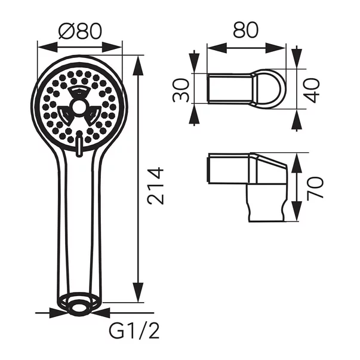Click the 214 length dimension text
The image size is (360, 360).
click(x=155, y=186)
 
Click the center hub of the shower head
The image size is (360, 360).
click(x=79, y=109)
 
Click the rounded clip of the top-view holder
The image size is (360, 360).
click(x=267, y=88)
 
